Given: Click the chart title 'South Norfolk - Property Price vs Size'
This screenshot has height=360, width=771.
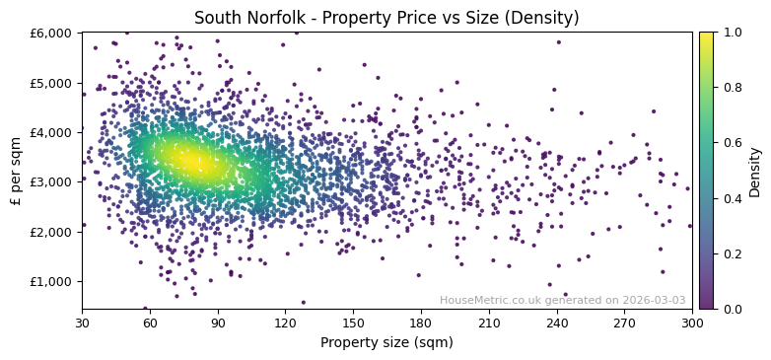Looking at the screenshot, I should pyautogui.click(x=386, y=18).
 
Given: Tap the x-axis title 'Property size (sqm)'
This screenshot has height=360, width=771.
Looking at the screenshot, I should pyautogui.click(x=386, y=343).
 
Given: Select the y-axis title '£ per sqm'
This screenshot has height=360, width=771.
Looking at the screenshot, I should pyautogui.click(x=16, y=171).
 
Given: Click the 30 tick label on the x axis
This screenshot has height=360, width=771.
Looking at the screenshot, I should pyautogui.click(x=82, y=323).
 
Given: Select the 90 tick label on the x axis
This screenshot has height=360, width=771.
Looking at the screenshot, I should pyautogui.click(x=217, y=323).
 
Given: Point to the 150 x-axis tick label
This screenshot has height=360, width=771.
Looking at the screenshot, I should pyautogui.click(x=353, y=323).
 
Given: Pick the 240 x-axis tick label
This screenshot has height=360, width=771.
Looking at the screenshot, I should pyautogui.click(x=557, y=323).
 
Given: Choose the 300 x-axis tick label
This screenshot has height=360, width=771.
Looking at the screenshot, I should pyautogui.click(x=692, y=323).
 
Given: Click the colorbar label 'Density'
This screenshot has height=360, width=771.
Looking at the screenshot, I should pyautogui.click(x=755, y=172).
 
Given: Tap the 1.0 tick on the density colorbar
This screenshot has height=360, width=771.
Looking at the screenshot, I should pyautogui.click(x=731, y=33).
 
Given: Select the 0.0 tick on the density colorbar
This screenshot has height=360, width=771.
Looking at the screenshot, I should pyautogui.click(x=731, y=309).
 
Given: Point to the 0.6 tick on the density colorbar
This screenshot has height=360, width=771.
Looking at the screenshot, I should pyautogui.click(x=731, y=143).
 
